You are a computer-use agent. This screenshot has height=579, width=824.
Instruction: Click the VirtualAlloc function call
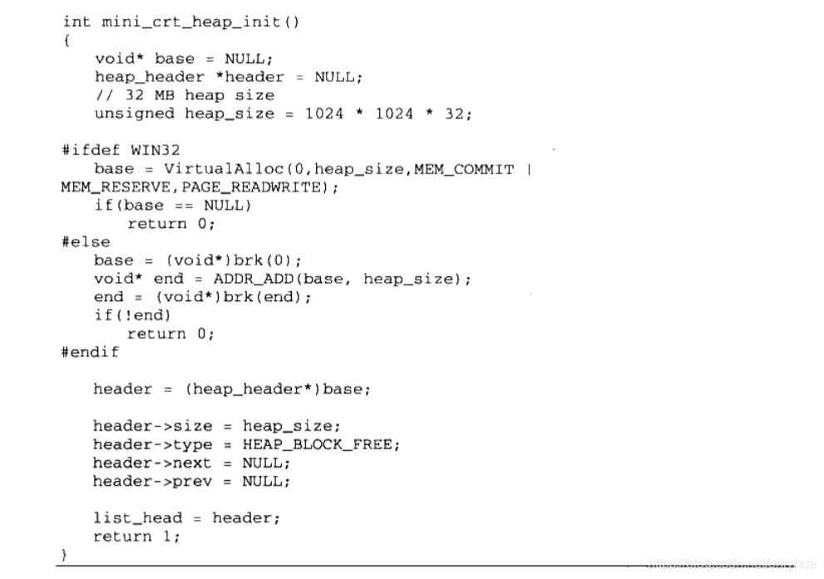(x=212, y=169)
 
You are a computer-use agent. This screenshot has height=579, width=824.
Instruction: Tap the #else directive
(x=85, y=242)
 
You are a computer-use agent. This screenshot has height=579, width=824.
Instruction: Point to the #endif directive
(x=90, y=352)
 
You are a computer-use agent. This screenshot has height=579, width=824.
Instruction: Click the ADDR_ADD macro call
(x=247, y=279)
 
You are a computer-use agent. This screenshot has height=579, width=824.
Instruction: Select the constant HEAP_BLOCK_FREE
(x=321, y=444)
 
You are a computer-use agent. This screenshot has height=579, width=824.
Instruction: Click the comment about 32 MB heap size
(x=184, y=95)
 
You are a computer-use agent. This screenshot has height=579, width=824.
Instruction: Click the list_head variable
(x=137, y=517)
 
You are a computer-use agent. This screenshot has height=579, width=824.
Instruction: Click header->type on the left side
(x=152, y=444)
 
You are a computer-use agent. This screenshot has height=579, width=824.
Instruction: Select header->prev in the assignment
(x=152, y=481)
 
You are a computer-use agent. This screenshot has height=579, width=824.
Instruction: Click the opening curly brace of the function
(x=66, y=40)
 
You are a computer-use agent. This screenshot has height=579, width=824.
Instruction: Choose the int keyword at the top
(x=76, y=22)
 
